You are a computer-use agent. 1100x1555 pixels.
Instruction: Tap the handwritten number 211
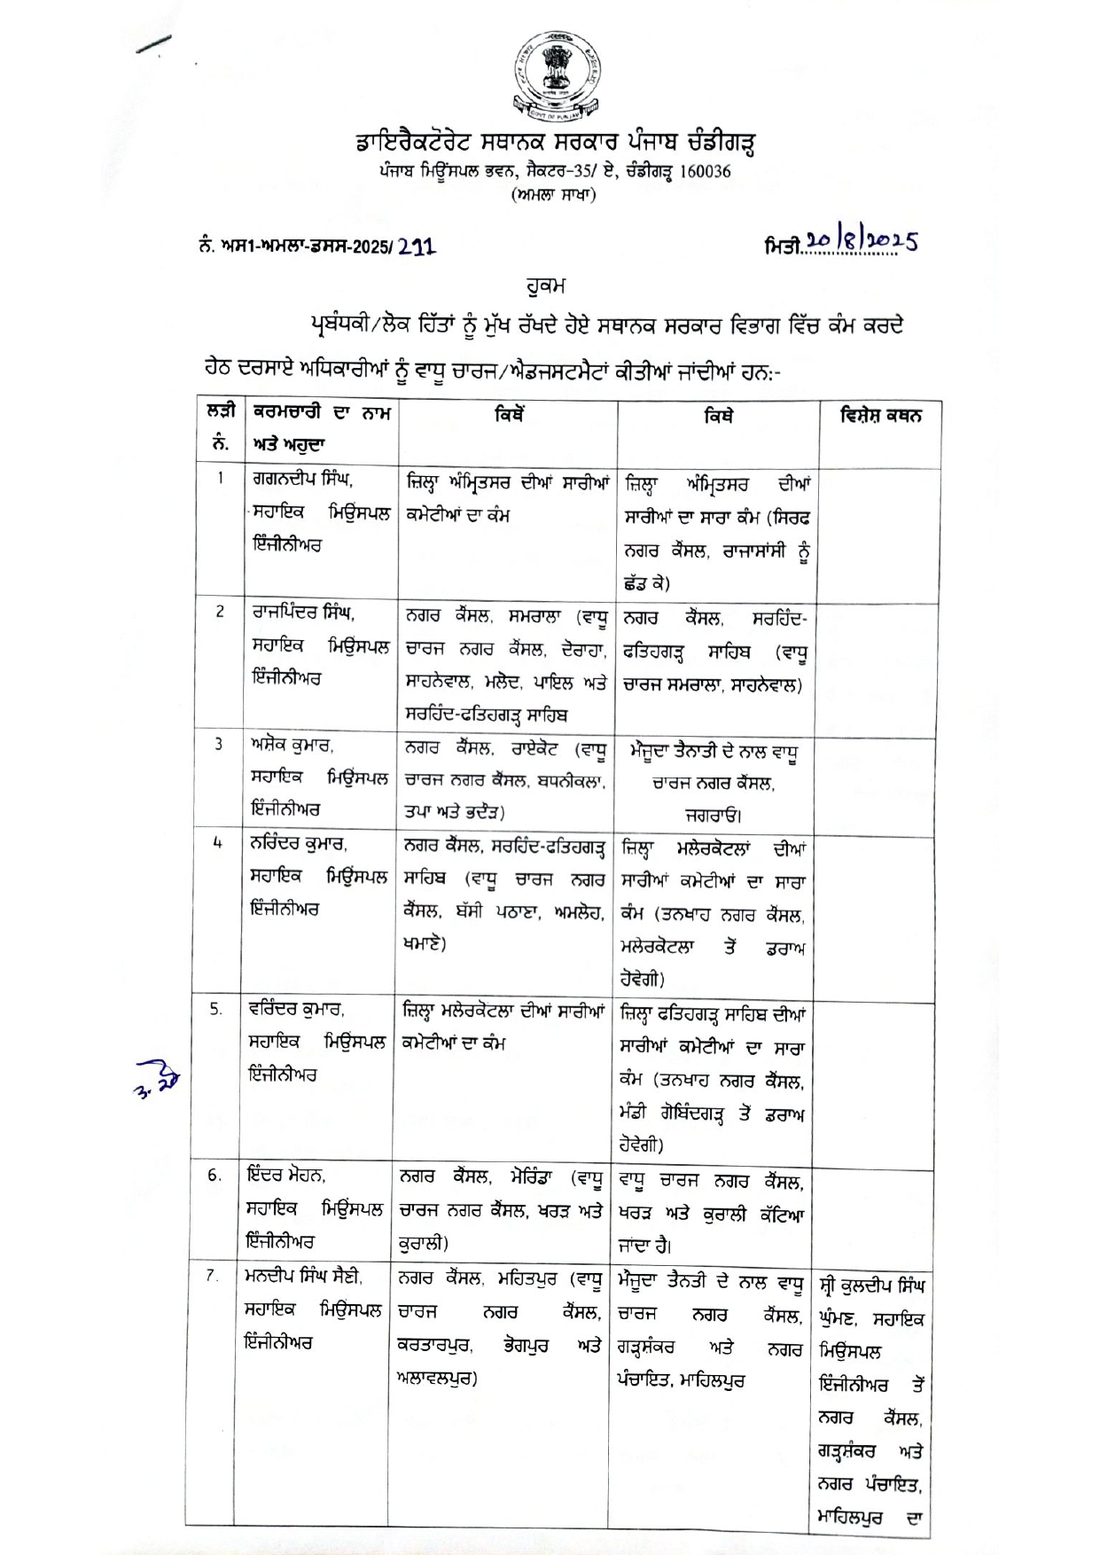click(416, 247)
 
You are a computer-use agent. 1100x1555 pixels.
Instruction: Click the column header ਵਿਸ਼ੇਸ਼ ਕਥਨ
click(880, 415)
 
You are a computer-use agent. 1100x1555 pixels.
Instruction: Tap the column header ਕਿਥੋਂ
click(510, 414)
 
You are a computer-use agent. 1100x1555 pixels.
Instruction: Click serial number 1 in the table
click(220, 480)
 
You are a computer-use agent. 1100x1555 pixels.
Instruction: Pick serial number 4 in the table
click(217, 843)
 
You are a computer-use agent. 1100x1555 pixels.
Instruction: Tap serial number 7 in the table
click(213, 1276)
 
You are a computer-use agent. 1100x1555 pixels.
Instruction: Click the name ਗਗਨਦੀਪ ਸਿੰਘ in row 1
click(302, 481)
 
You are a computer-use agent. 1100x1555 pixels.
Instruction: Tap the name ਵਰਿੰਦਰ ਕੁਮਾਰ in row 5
click(297, 1009)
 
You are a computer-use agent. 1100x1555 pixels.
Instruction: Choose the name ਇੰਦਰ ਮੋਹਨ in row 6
click(286, 1176)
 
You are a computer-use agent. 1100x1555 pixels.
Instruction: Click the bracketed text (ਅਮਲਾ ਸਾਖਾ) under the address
click(554, 194)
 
